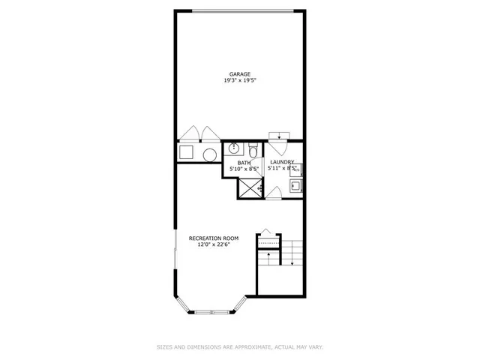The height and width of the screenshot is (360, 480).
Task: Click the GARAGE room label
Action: pos(240,73)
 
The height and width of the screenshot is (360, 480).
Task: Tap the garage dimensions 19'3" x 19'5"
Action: pos(240,79)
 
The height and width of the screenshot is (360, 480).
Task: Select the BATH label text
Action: pos(244,163)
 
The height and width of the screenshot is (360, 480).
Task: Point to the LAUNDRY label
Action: pos(282,163)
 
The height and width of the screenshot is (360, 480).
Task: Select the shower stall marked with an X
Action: pos(248,188)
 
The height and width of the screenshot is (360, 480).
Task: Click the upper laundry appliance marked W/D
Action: pos(295,169)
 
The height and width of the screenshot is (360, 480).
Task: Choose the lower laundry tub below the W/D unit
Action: pos(295,185)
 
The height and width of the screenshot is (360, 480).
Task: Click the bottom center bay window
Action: pos(212,311)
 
